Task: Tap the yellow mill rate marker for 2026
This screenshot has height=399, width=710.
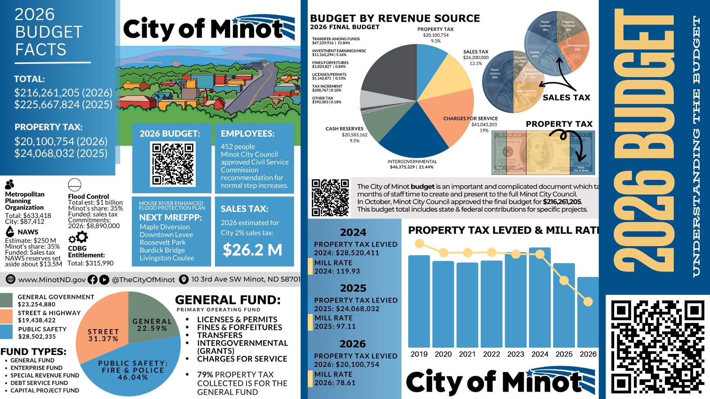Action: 588,302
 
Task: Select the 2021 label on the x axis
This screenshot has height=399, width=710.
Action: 467,354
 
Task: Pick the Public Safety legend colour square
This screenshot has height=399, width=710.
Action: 6,332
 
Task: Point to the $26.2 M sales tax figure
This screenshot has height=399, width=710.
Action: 252,250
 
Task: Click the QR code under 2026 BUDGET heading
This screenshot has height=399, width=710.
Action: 173,164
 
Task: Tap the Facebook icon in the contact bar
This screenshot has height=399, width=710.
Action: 92,280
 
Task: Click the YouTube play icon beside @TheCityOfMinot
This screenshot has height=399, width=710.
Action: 104,280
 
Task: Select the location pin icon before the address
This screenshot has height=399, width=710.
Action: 183,280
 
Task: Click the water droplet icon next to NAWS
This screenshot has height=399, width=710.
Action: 10,232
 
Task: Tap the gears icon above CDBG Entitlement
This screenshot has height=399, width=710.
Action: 78,237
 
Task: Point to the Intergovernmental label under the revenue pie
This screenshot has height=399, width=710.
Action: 412,162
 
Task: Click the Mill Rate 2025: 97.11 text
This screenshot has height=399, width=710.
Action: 335,322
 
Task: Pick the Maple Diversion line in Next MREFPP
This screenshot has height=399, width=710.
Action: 165,227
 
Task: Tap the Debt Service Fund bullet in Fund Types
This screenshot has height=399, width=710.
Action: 39,383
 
